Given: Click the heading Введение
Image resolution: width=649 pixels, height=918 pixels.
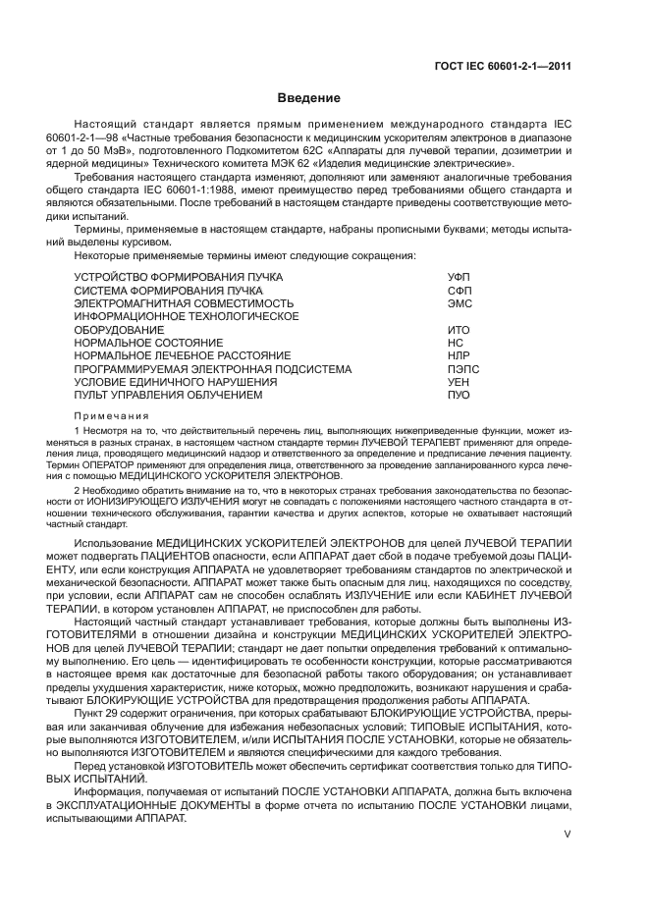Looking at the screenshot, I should coord(308,98).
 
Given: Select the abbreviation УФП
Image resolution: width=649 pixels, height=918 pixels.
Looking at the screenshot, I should coord(459,278).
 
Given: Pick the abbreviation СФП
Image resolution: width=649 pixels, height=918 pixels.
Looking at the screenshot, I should coord(459,292).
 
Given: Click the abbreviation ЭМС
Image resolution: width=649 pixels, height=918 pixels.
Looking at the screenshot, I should coord(459,304).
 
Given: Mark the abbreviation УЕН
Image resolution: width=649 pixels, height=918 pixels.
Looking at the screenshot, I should coord(459,382).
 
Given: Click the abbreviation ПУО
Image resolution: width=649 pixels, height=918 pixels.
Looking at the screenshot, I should coord(459,395).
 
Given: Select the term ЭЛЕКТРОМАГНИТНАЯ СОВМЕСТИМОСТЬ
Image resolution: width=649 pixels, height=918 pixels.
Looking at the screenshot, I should coord(184,304).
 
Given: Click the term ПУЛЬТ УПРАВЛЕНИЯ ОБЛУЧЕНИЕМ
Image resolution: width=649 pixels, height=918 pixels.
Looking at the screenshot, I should coord(168,395).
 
